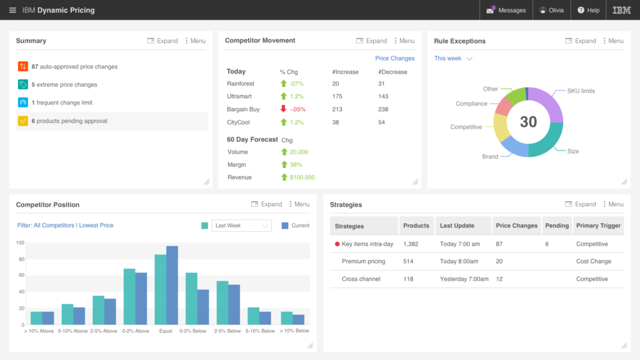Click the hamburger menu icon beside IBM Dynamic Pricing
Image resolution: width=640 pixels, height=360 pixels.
pyautogui.click(x=12, y=10)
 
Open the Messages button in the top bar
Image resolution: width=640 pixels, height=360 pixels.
pyautogui.click(x=507, y=10)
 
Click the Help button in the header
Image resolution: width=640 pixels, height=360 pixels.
pyautogui.click(x=588, y=10)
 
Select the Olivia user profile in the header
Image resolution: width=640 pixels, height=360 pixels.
pyautogui.click(x=551, y=10)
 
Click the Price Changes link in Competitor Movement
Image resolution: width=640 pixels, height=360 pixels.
pyautogui.click(x=394, y=58)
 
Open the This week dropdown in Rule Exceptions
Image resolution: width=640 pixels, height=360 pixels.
pyautogui.click(x=453, y=59)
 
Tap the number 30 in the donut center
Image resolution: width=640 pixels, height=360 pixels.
pyautogui.click(x=528, y=122)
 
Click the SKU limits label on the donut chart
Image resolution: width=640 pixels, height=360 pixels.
pyautogui.click(x=580, y=91)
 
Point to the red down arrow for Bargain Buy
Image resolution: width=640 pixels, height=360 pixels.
pyautogui.click(x=283, y=109)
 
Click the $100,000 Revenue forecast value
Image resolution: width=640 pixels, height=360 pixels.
pyautogui.click(x=302, y=177)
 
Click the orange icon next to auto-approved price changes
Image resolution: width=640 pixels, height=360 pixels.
pyautogui.click(x=23, y=66)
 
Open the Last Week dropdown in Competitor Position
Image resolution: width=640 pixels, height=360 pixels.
pyautogui.click(x=241, y=226)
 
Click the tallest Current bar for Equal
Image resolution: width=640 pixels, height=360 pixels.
pyautogui.click(x=172, y=286)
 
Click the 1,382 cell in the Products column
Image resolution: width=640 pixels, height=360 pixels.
pyautogui.click(x=411, y=244)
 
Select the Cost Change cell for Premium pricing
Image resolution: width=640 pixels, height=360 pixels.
pyautogui.click(x=593, y=261)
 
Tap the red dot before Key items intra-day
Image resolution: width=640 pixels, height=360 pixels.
pyautogui.click(x=337, y=244)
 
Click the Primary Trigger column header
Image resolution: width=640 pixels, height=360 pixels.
pyautogui.click(x=598, y=226)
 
